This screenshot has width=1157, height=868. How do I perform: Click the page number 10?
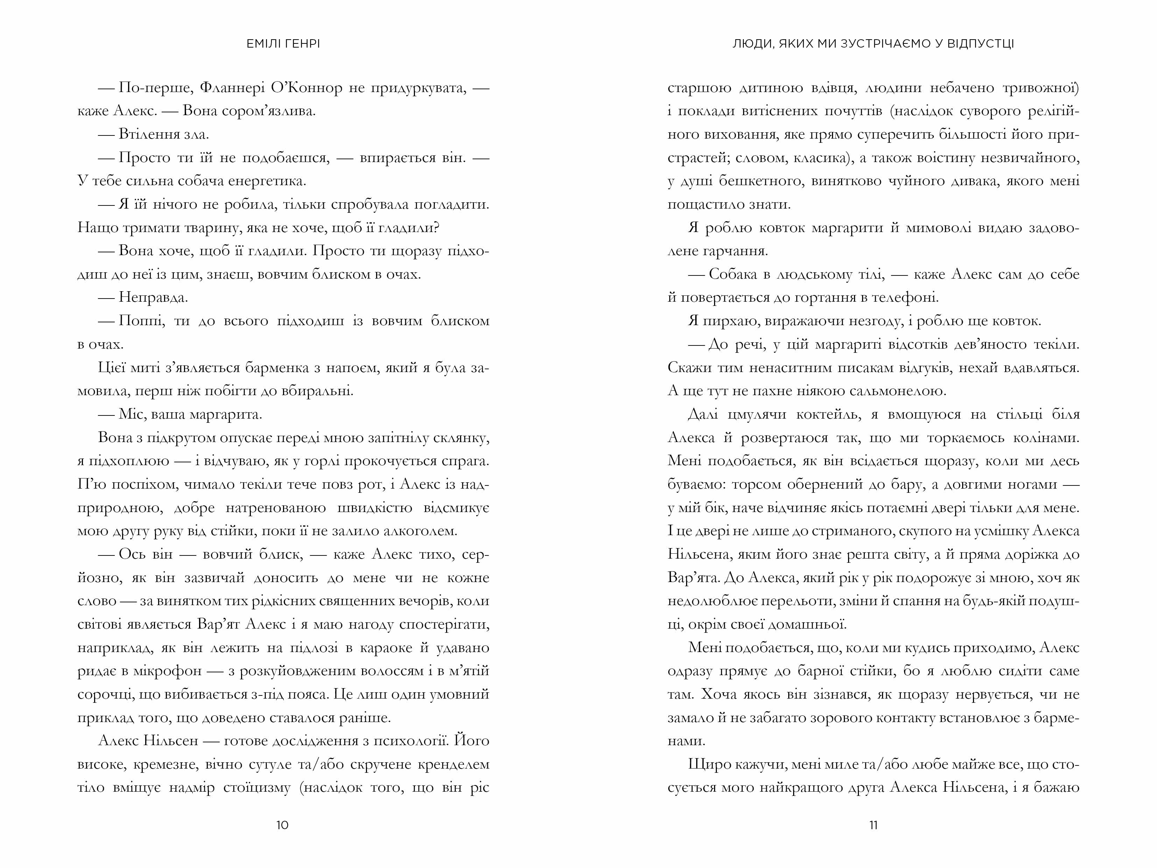point(282,825)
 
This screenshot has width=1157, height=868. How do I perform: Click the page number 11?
point(873,825)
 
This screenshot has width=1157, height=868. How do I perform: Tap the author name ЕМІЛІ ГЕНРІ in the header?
point(283,44)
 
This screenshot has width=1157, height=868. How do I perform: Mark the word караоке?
point(383,648)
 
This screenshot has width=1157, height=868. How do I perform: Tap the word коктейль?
point(827,414)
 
